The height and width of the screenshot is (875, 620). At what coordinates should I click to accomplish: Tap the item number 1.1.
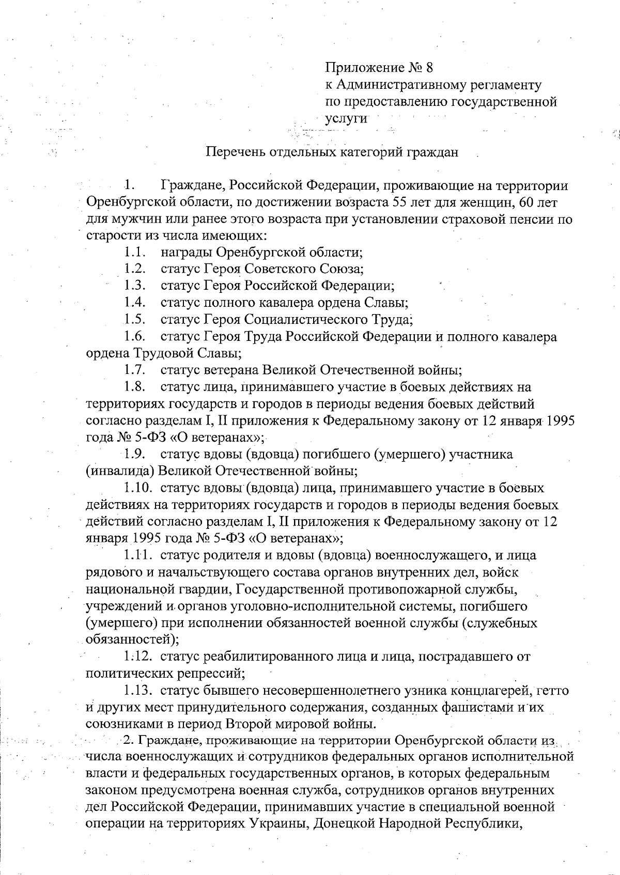tap(134, 253)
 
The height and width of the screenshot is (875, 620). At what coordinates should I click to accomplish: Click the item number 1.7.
tap(134, 370)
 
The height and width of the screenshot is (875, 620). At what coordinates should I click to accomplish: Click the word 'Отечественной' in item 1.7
tap(361, 370)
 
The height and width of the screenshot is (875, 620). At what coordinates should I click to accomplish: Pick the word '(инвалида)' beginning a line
tap(120, 471)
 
